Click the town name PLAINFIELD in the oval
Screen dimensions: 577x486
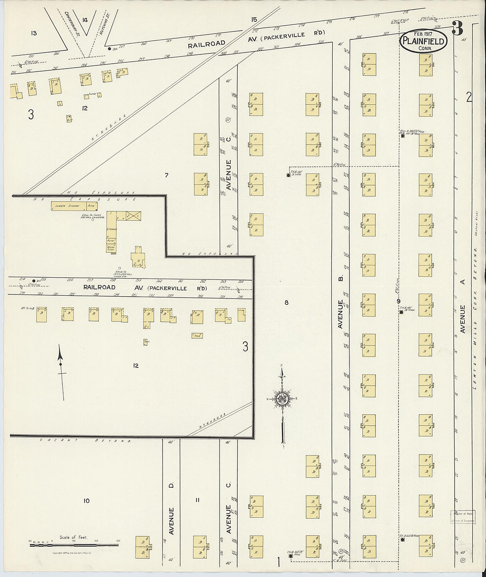pos(424,42)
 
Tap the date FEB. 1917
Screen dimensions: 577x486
pos(423,34)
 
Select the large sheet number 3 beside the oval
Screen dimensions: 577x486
pos(457,29)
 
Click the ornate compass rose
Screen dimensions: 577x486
pos(281,399)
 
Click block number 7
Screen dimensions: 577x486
pos(167,176)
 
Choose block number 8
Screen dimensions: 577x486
pos(286,302)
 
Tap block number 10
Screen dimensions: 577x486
pos(87,501)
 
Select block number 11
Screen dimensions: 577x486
pos(197,500)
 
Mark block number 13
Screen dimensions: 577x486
pos(34,33)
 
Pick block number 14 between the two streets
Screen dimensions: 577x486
pos(85,19)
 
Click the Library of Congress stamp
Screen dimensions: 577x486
pos(463,517)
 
